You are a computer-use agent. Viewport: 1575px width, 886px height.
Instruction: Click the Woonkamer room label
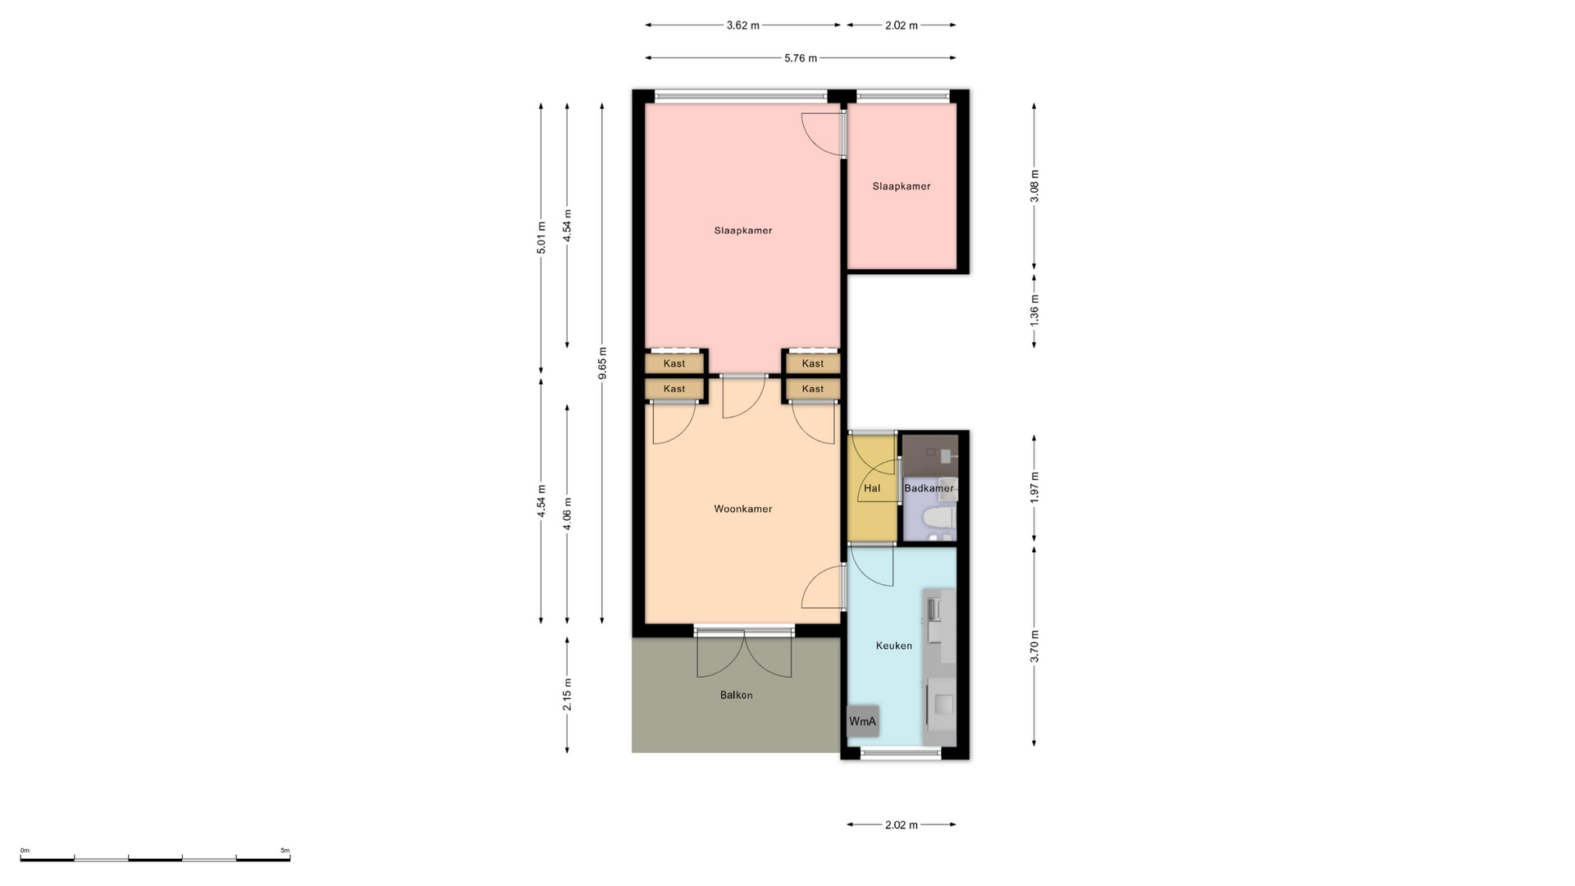pos(742,509)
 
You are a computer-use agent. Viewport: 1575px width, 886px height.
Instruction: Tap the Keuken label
pos(893,646)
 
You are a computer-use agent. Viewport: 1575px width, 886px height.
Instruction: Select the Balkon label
pos(736,695)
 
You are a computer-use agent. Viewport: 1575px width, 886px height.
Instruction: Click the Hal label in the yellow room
pos(872,488)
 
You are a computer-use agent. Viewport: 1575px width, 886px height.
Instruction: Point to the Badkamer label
pos(929,488)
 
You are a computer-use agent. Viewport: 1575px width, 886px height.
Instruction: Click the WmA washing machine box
pos(862,721)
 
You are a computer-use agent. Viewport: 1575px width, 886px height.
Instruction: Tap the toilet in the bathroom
pos(937,518)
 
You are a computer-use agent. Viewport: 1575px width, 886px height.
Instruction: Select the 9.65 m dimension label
pos(602,363)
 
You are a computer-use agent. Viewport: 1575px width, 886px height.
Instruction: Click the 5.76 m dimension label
pos(801,58)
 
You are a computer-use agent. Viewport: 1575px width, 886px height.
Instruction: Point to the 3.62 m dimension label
pos(742,25)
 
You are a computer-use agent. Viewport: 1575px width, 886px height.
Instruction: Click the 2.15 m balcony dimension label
pos(567,695)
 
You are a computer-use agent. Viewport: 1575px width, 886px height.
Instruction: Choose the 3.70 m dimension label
pos(1034,646)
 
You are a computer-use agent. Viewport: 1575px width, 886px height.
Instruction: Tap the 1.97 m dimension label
pos(1034,487)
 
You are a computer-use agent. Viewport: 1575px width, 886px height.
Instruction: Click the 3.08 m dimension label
pos(1034,186)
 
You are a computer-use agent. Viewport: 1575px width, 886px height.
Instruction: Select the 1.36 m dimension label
pos(1034,309)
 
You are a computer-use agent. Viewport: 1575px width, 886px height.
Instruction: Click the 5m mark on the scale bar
pos(285,851)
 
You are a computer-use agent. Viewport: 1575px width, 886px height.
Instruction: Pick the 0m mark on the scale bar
pos(25,851)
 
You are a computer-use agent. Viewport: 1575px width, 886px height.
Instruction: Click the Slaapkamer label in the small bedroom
pos(902,186)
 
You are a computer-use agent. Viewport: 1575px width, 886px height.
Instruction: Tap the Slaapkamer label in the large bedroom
pos(742,231)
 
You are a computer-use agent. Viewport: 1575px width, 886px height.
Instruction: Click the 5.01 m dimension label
pos(541,238)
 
